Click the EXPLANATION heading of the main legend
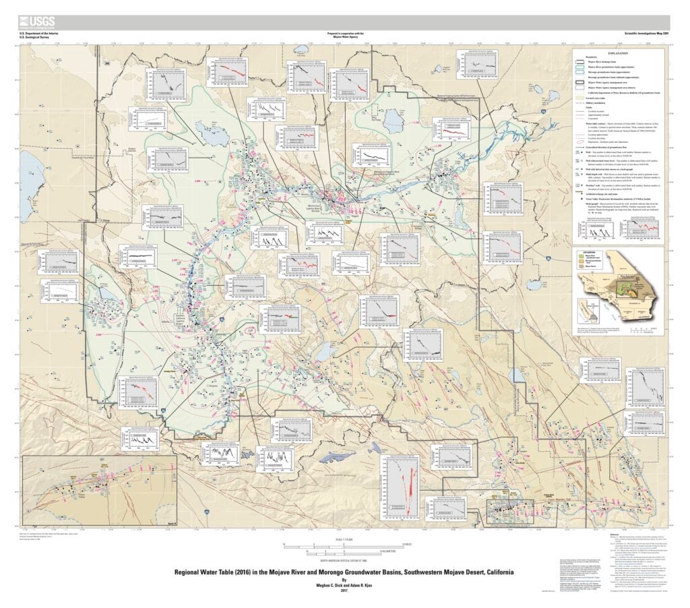pyautogui.click(x=617, y=52)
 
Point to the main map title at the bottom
pyautogui.click(x=344, y=572)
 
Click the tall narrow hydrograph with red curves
pyautogui.click(x=402, y=484)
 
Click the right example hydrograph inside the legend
pyautogui.click(x=640, y=231)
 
